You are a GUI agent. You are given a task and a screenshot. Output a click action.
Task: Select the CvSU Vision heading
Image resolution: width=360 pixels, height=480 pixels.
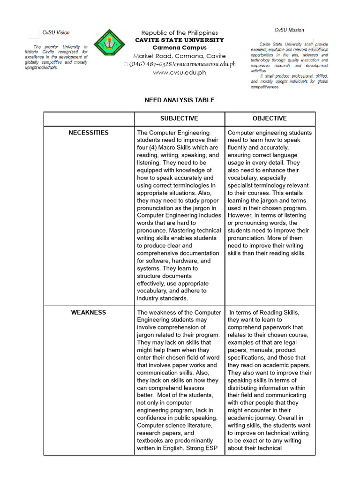pyautogui.click(x=56, y=32)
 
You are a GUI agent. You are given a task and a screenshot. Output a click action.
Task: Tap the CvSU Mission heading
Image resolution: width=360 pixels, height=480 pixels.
pyautogui.click(x=289, y=30)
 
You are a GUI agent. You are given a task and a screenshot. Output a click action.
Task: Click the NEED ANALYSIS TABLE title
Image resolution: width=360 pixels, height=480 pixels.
pyautogui.click(x=180, y=100)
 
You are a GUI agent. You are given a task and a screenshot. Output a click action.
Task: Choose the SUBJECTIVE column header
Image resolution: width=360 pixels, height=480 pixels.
pyautogui.click(x=179, y=119)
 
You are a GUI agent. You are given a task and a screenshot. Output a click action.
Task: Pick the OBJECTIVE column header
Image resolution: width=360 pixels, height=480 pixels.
pyautogui.click(x=270, y=119)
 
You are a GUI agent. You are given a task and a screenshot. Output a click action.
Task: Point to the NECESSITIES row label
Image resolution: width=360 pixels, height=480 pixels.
pyautogui.click(x=89, y=133)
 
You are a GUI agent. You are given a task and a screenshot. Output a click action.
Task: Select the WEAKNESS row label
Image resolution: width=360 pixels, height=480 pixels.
pyautogui.click(x=89, y=312)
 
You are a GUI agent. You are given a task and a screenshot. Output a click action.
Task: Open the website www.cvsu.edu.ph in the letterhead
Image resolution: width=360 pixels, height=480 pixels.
pyautogui.click(x=180, y=72)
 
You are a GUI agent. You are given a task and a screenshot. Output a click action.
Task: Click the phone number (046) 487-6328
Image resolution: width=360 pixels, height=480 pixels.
pyautogui.click(x=150, y=64)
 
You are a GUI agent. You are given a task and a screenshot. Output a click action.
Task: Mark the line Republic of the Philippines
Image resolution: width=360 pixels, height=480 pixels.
pyautogui.click(x=180, y=33)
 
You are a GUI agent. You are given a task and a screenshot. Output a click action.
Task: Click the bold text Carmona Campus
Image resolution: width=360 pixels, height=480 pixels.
pyautogui.click(x=180, y=48)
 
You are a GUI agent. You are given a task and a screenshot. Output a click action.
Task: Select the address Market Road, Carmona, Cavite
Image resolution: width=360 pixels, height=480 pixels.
pyautogui.click(x=180, y=56)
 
